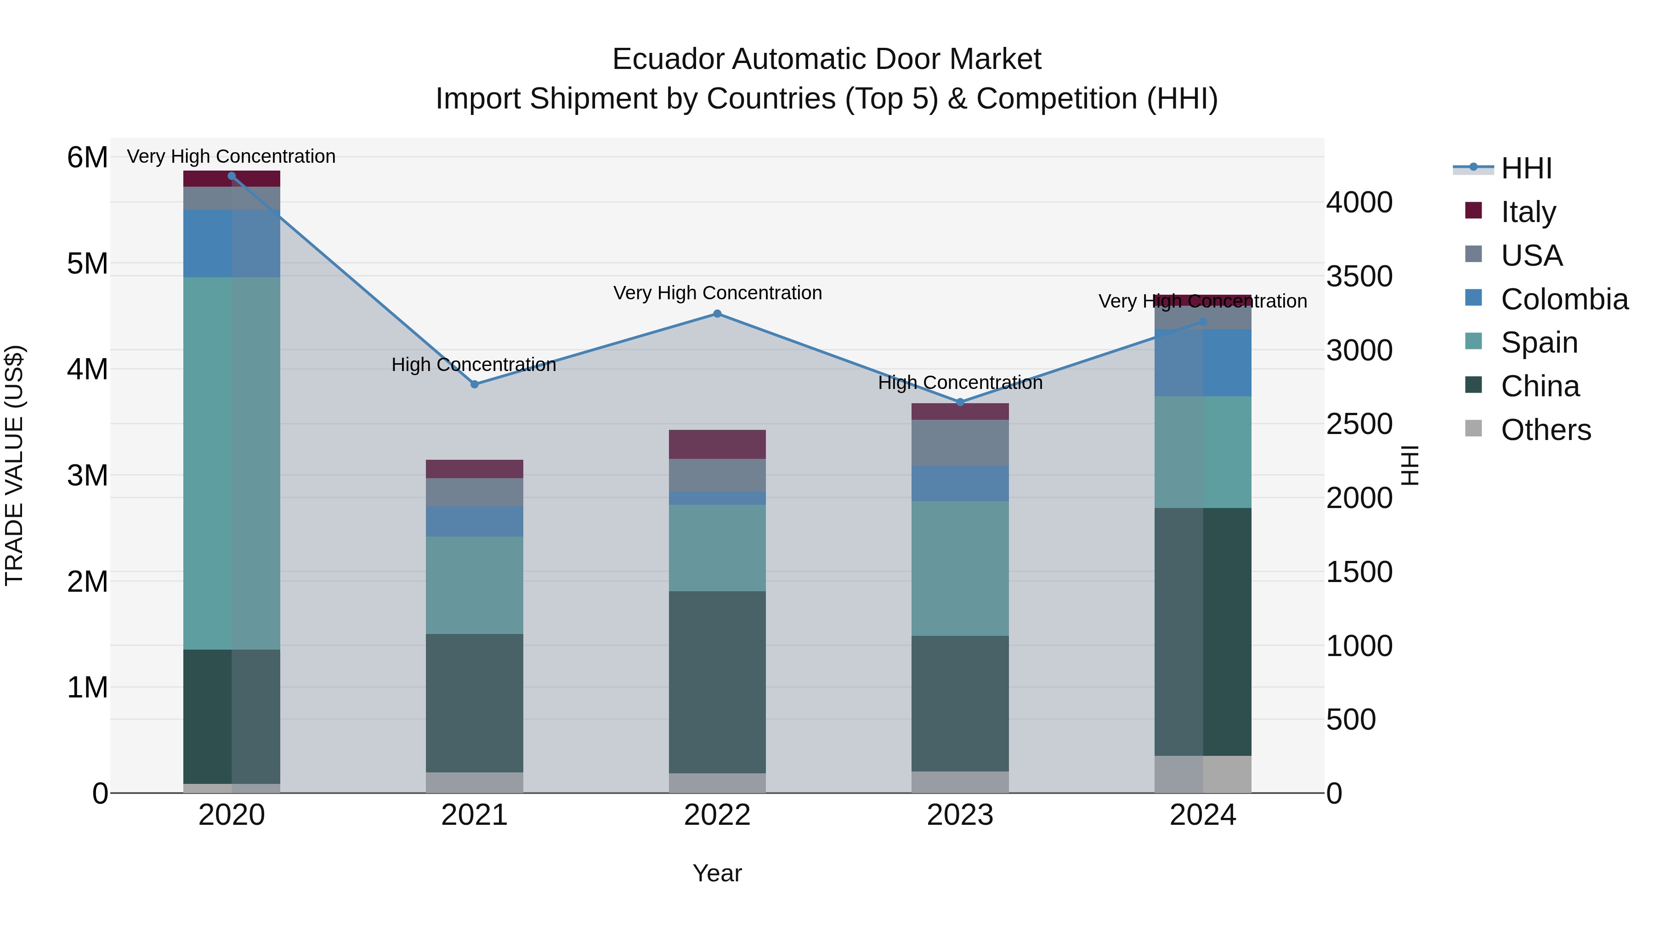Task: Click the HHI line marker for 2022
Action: [x=717, y=314]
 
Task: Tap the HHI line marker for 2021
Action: [x=475, y=384]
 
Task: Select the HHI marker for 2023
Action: [x=960, y=402]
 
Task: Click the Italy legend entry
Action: [x=1528, y=212]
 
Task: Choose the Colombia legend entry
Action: [x=1563, y=299]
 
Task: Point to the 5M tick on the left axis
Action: [x=87, y=263]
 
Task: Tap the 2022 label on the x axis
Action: [x=717, y=815]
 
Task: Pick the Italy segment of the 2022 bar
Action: [x=717, y=444]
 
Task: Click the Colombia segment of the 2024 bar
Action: [x=1203, y=363]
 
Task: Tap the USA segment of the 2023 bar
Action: [x=960, y=443]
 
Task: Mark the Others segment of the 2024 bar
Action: [x=1203, y=774]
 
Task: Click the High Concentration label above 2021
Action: [x=474, y=365]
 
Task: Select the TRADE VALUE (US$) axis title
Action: [x=14, y=465]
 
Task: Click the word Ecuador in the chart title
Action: [x=668, y=60]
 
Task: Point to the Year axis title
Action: [x=717, y=873]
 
